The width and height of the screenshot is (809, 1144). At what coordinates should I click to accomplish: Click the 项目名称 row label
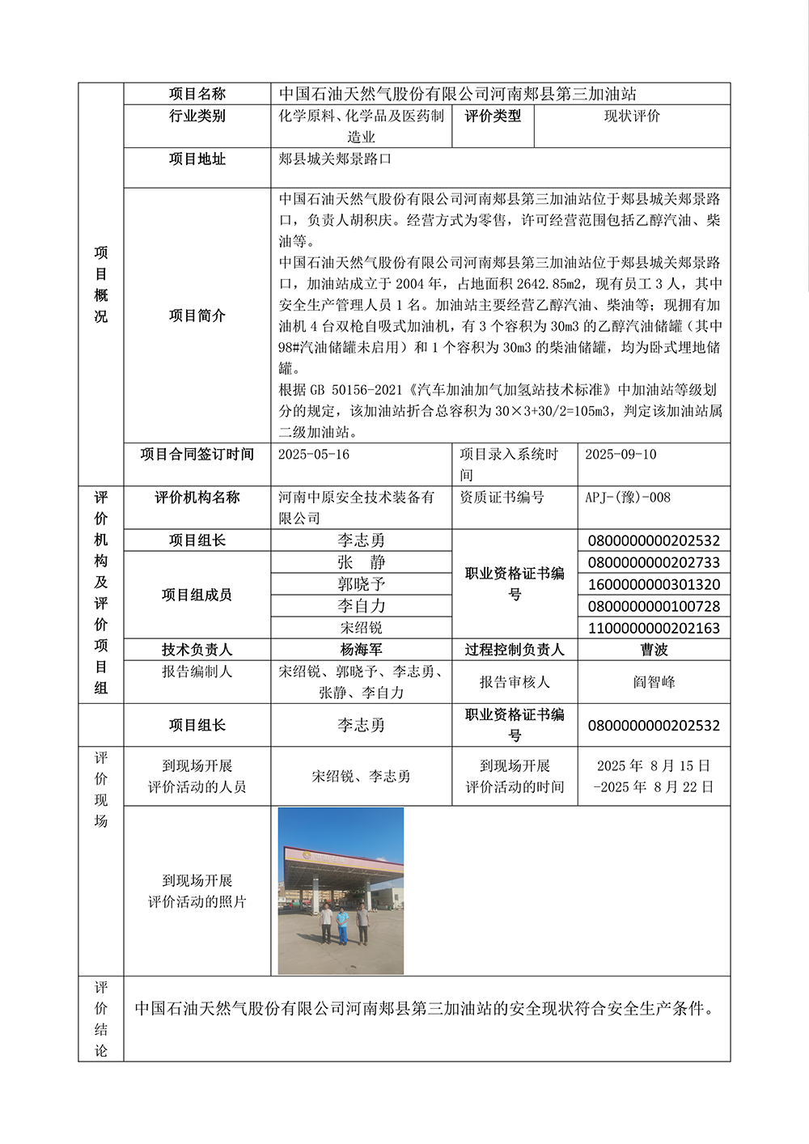click(x=197, y=94)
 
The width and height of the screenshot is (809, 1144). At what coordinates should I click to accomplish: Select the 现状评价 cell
click(x=632, y=117)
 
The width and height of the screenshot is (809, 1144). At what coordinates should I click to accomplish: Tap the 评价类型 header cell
click(x=493, y=117)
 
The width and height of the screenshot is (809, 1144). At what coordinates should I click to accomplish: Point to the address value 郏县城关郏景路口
click(x=335, y=159)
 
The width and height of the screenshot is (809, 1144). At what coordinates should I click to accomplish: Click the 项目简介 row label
click(x=197, y=316)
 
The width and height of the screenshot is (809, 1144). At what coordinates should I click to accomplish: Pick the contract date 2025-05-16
click(x=314, y=455)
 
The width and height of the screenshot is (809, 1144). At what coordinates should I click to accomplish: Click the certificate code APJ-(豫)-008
click(x=628, y=498)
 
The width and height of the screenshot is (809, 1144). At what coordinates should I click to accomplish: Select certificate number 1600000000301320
click(x=654, y=584)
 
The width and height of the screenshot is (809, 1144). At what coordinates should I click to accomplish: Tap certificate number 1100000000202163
click(x=654, y=628)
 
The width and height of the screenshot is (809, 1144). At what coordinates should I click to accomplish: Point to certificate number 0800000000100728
click(x=654, y=606)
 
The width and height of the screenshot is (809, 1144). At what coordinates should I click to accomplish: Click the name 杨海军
click(x=361, y=650)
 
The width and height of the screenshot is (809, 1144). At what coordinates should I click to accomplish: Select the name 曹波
click(x=654, y=650)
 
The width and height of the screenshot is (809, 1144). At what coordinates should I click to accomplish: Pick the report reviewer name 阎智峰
click(x=654, y=682)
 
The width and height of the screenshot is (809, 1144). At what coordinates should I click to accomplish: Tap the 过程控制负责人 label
click(x=515, y=650)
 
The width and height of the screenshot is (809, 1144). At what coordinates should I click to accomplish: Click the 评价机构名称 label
click(x=197, y=498)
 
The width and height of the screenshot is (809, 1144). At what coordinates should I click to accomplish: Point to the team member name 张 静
click(x=361, y=562)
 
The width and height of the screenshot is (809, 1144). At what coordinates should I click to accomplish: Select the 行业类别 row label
click(x=197, y=117)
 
